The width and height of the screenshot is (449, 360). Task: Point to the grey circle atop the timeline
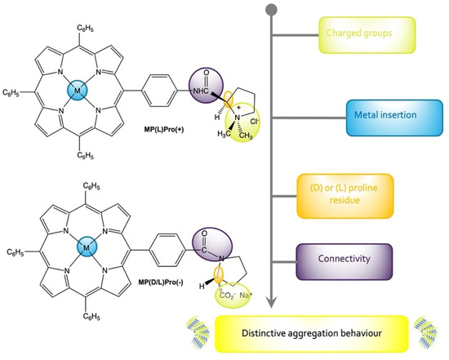pos(270,10)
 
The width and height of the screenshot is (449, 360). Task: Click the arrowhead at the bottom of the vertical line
pos(270,307)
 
